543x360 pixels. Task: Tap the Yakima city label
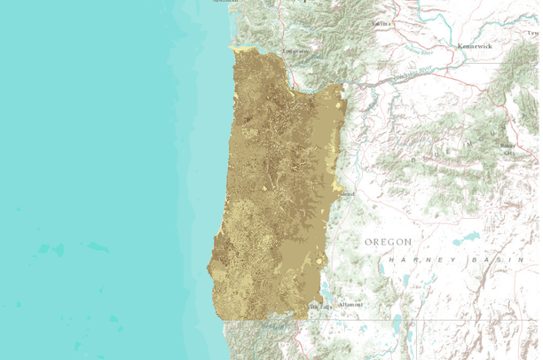382,23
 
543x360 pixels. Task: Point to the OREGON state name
389,241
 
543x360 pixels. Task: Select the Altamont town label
350,304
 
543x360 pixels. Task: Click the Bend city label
347,193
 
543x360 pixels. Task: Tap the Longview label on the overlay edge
295,51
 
